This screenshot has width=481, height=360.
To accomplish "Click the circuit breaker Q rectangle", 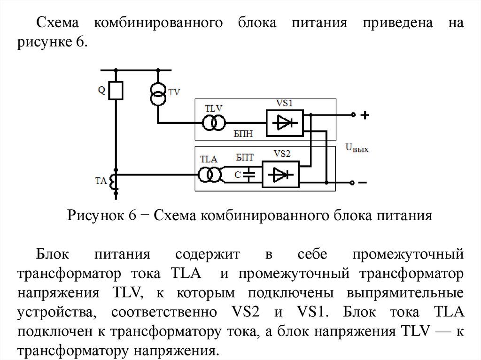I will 116,91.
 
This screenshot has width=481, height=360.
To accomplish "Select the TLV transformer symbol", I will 213,123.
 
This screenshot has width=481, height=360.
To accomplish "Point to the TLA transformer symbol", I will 209,175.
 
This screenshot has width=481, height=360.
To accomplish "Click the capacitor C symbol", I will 250,175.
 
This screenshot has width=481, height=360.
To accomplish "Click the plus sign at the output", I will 365,115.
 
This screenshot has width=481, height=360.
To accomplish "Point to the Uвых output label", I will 357,148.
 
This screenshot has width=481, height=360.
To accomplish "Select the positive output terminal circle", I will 352,115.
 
